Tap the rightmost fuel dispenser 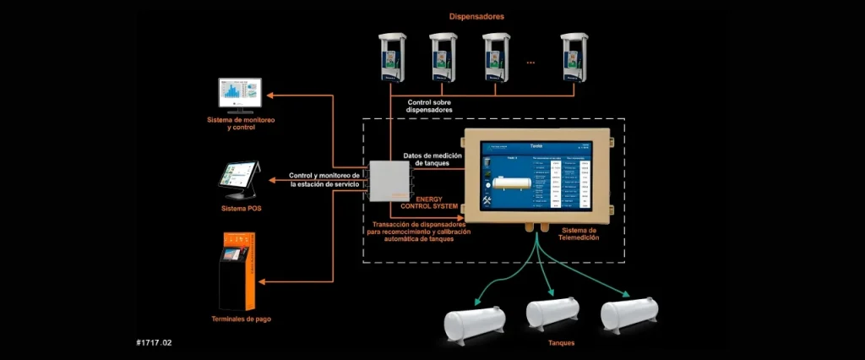[x=574, y=58]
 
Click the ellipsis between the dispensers [x=530, y=62]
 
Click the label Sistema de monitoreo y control [x=241, y=124]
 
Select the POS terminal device [x=240, y=179]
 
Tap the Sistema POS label [x=242, y=208]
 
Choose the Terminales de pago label [x=242, y=319]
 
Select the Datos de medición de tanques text [x=432, y=159]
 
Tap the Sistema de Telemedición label [x=579, y=234]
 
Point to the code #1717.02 [x=155, y=344]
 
